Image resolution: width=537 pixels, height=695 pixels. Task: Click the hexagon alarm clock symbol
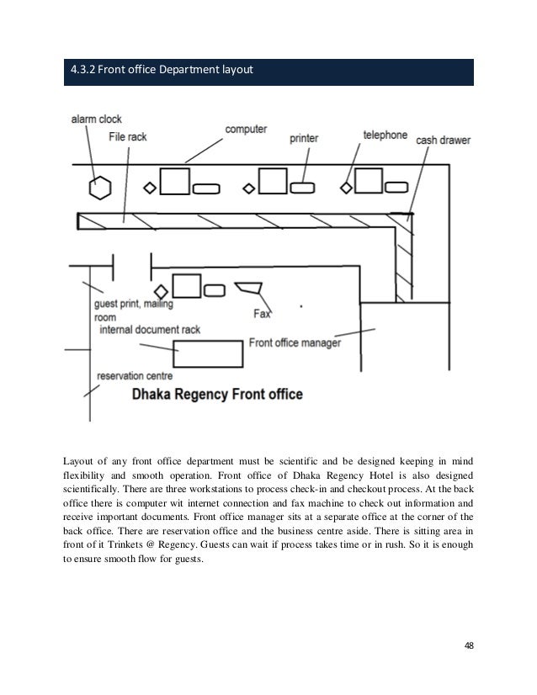click(100, 187)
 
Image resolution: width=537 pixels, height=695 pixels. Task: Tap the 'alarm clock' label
click(97, 120)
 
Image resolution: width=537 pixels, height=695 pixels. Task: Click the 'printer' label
click(309, 136)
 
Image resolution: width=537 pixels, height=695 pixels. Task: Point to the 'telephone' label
click(385, 135)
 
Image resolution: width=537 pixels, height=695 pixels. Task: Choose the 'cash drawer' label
click(443, 140)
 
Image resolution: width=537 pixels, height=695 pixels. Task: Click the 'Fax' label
click(262, 314)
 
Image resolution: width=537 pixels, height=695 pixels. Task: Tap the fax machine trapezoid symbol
click(248, 289)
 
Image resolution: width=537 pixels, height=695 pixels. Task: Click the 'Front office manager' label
click(295, 343)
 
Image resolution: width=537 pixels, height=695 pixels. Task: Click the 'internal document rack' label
click(150, 330)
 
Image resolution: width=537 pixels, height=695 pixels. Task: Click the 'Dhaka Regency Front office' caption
click(216, 393)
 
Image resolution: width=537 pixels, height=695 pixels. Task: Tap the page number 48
click(469, 645)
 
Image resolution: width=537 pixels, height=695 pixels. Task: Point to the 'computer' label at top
click(246, 129)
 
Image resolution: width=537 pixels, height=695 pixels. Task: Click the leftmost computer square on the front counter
click(174, 182)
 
